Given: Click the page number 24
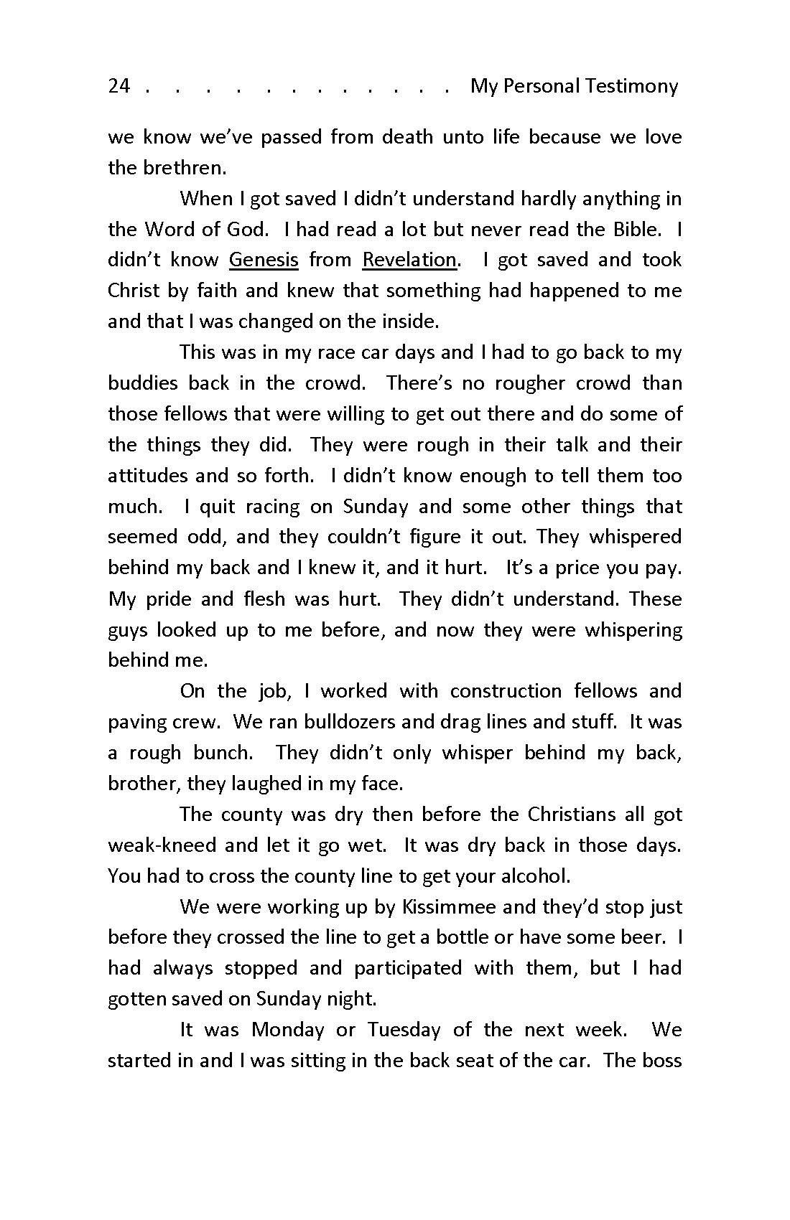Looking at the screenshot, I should click(118, 86).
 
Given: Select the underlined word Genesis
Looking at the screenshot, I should click(264, 259).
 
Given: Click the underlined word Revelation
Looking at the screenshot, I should click(409, 259).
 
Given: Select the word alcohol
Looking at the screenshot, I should click(532, 876).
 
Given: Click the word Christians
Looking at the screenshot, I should click(572, 814).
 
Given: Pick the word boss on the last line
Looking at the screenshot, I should click(660, 1061).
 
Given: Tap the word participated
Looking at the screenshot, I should click(407, 968).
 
